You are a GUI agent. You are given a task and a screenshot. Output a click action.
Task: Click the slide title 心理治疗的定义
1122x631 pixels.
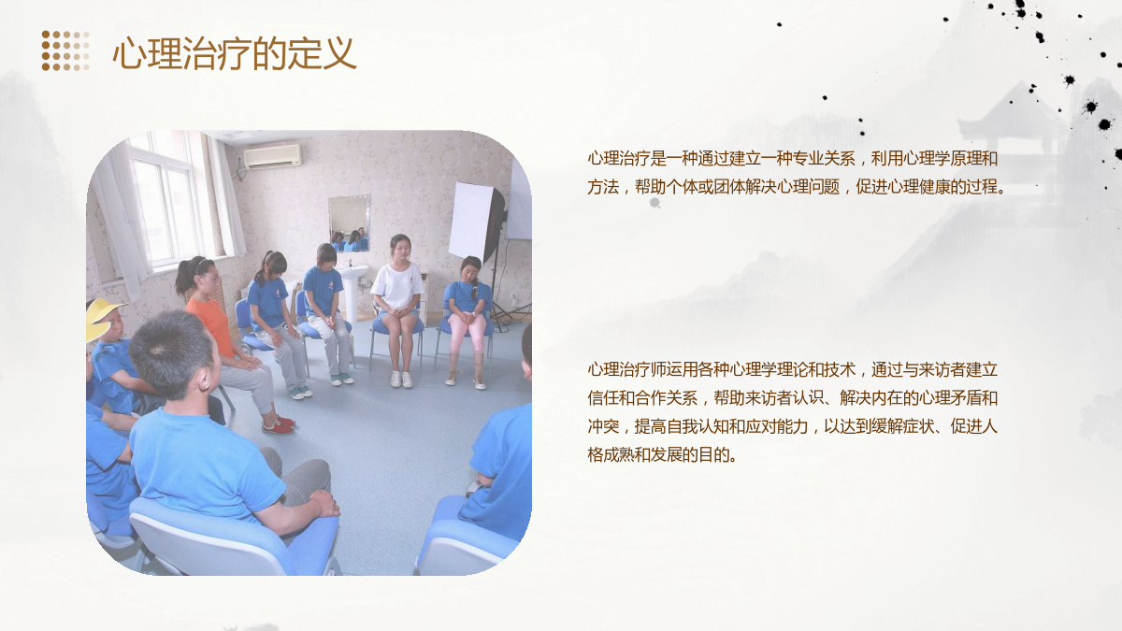[x=235, y=53]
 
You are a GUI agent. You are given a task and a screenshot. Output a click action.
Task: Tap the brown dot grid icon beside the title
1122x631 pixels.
[x=65, y=50]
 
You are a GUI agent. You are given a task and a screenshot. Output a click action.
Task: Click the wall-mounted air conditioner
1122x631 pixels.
[x=272, y=156]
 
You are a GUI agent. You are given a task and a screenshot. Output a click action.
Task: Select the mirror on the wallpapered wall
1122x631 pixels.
[x=349, y=223]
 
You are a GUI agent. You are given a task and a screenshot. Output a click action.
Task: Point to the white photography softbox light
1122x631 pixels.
[x=476, y=222]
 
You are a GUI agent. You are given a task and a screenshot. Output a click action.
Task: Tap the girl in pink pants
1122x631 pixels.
[x=467, y=322]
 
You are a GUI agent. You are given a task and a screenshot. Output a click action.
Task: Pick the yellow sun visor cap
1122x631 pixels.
[x=103, y=319]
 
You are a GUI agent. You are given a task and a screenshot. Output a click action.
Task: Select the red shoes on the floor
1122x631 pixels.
[x=279, y=424]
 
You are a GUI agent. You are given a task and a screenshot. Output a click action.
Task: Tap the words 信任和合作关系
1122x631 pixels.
[x=642, y=398]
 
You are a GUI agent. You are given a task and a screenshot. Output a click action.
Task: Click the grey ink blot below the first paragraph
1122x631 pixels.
[x=654, y=202]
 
